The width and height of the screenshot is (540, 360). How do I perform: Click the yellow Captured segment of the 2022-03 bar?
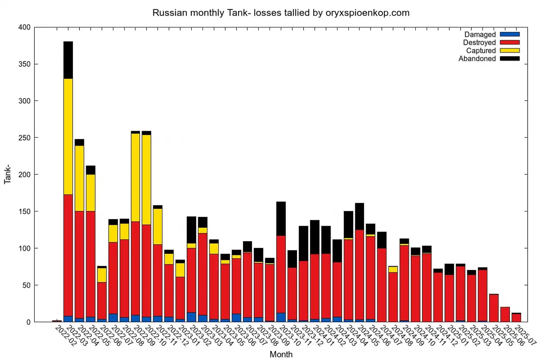68,103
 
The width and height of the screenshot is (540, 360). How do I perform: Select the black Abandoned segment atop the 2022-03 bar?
68,60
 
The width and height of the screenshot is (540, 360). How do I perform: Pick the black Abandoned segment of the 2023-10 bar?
281,218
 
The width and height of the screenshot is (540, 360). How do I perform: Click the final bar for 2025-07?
516,318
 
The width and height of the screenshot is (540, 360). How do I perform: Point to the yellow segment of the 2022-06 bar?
102,275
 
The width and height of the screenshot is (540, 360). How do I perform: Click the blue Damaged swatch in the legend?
510,34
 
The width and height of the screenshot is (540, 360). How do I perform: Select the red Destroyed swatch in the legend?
510,42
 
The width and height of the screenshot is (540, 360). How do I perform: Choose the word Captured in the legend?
481,51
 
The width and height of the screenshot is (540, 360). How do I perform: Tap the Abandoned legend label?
477,59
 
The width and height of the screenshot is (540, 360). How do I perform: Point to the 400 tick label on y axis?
24,27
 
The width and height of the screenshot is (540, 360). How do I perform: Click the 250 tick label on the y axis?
24,138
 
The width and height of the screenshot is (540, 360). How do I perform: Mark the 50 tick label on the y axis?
26,285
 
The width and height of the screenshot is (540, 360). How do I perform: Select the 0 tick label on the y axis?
28,322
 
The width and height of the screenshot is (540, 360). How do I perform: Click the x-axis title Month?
281,354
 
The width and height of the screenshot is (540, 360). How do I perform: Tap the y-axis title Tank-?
7,174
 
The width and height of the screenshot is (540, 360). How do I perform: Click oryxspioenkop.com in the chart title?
367,13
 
